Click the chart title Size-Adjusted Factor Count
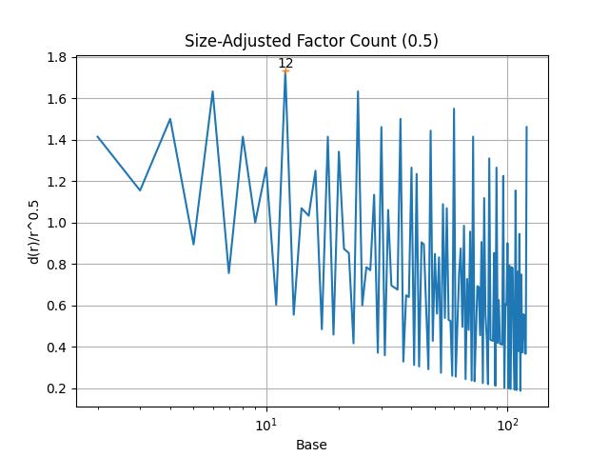point(311,41)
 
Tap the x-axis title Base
point(311,445)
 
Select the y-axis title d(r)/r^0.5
point(35,231)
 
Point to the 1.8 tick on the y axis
point(58,57)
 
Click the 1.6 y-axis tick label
point(58,99)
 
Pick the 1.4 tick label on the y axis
point(58,140)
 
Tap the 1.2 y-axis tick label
point(58,182)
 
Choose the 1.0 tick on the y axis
point(58,223)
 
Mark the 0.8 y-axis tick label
point(58,265)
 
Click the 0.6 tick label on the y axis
point(58,306)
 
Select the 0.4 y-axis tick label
point(58,348)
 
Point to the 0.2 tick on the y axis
point(58,388)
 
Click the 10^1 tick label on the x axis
point(266,424)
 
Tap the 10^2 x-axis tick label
point(507,424)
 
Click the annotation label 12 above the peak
point(285,63)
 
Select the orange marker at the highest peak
point(285,70)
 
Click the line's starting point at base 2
point(98,136)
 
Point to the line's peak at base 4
point(170,119)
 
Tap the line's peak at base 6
point(212,91)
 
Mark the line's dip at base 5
point(193,244)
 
